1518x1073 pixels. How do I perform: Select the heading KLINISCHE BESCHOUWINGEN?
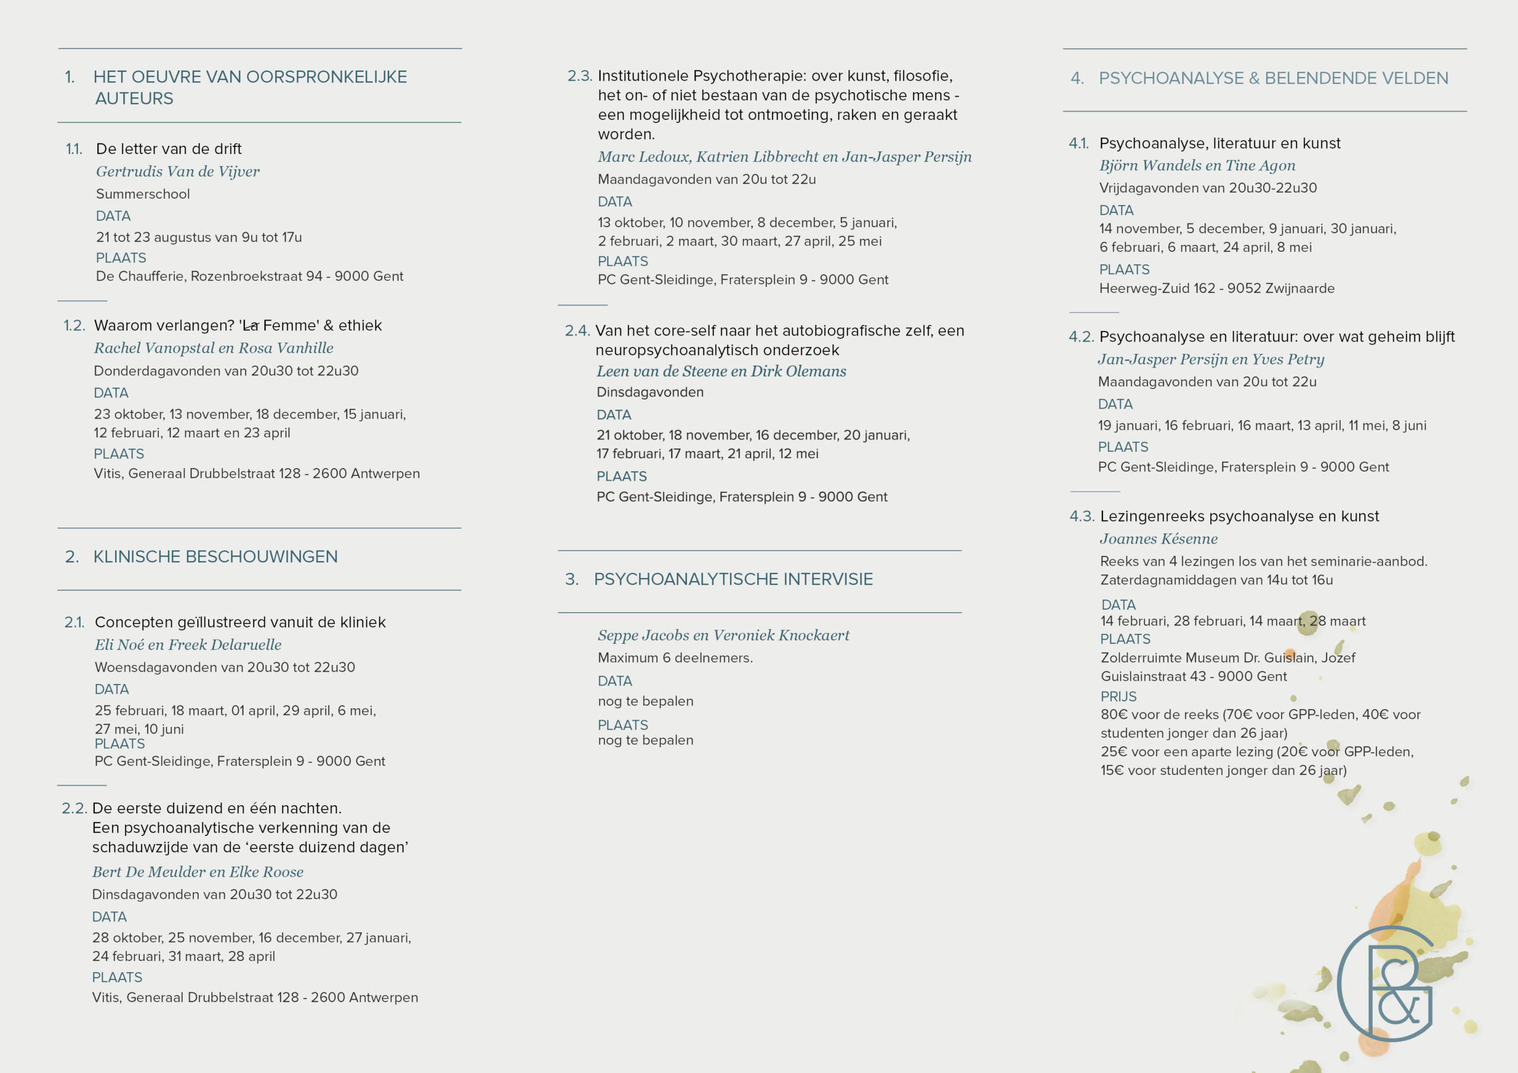[215, 557]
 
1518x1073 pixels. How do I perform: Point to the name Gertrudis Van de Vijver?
[177, 171]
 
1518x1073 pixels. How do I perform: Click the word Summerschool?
[142, 194]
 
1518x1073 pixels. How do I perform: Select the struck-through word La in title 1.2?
[251, 325]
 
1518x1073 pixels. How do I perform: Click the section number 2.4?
[576, 331]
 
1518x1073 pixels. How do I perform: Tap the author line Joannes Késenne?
[1158, 539]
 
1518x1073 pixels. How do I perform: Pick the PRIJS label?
[1118, 696]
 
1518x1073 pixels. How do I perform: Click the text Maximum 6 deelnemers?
[675, 658]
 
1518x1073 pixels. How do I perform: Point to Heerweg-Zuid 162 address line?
[1217, 288]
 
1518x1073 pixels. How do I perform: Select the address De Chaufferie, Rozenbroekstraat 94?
[249, 276]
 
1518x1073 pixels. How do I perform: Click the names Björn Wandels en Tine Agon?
[1197, 165]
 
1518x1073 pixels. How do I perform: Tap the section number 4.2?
[1081, 337]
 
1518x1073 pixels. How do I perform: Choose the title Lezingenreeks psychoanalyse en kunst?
[1239, 516]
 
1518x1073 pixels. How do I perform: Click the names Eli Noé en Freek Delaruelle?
[188, 644]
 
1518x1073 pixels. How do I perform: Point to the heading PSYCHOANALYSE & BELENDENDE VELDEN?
[1273, 78]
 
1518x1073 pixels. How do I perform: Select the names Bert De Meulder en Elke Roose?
[197, 872]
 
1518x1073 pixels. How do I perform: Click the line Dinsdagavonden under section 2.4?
[649, 392]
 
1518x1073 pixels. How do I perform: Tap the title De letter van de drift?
[168, 149]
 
